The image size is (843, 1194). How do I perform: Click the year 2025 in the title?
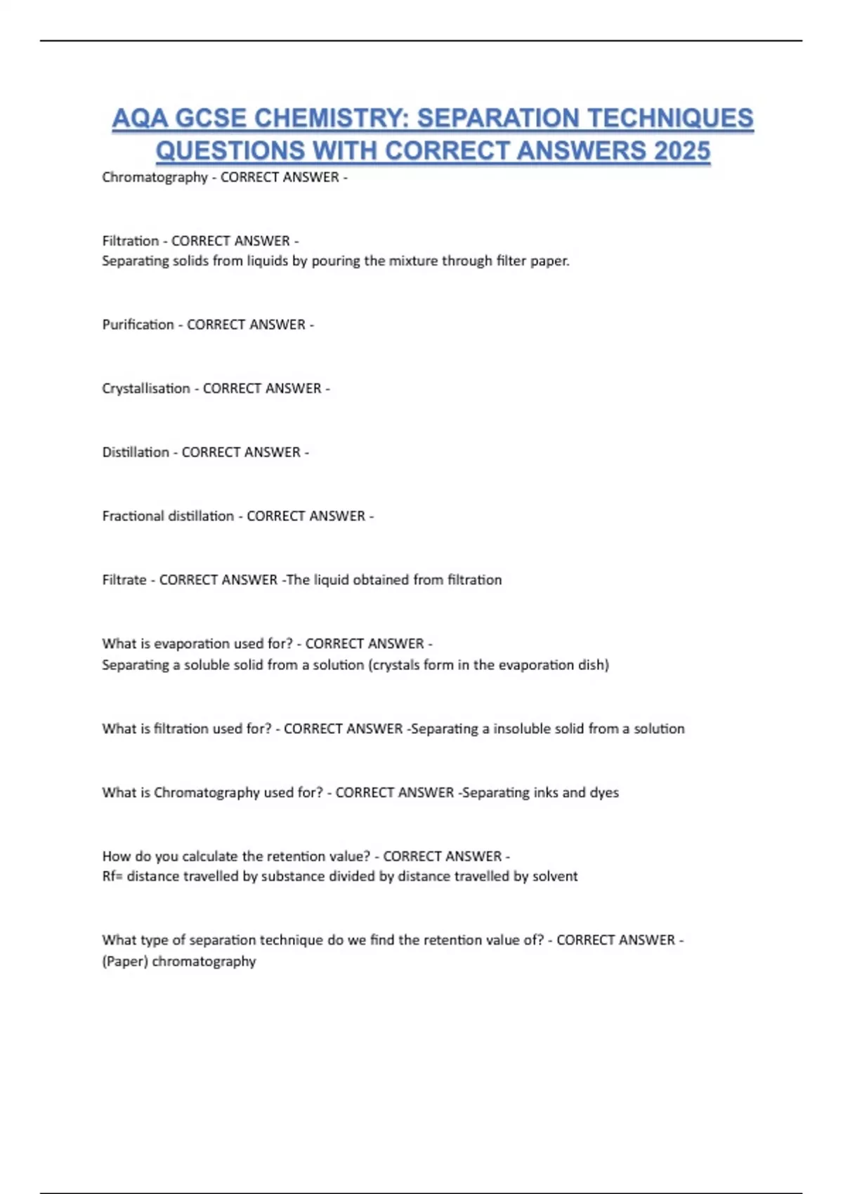coord(681,150)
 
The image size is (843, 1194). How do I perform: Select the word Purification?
coord(138,324)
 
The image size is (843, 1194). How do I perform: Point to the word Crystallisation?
coord(146,388)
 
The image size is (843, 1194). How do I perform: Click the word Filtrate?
coord(124,580)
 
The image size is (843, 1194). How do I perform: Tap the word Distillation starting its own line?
coord(136,452)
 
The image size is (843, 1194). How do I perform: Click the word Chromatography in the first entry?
coord(155,178)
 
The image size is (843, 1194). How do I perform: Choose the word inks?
coord(545,793)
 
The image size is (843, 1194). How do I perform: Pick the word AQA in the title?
coord(139,118)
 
